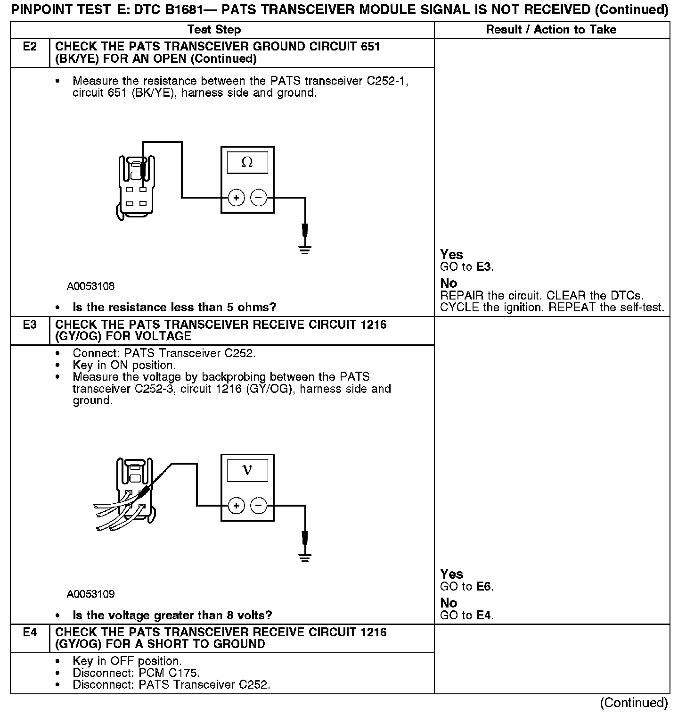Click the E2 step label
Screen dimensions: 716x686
[30, 47]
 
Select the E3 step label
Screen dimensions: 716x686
[30, 325]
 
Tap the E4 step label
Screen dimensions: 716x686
[30, 633]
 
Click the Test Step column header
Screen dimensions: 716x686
[214, 30]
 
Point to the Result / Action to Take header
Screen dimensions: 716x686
[551, 30]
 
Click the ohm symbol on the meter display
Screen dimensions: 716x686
[247, 162]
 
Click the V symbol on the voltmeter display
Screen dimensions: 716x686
[247, 470]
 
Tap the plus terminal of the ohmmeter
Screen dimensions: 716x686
[236, 198]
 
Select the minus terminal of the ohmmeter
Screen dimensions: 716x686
[258, 198]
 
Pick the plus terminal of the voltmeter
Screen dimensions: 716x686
[236, 506]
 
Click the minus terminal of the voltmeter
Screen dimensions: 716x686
[258, 506]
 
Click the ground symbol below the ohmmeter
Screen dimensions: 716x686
[305, 250]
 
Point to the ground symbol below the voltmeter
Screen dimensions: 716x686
[305, 558]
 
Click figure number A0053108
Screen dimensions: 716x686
[90, 286]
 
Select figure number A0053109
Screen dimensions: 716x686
[90, 594]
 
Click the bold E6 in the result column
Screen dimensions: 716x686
[484, 587]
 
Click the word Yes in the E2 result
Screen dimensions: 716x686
[451, 255]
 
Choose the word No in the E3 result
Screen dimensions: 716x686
[449, 603]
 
